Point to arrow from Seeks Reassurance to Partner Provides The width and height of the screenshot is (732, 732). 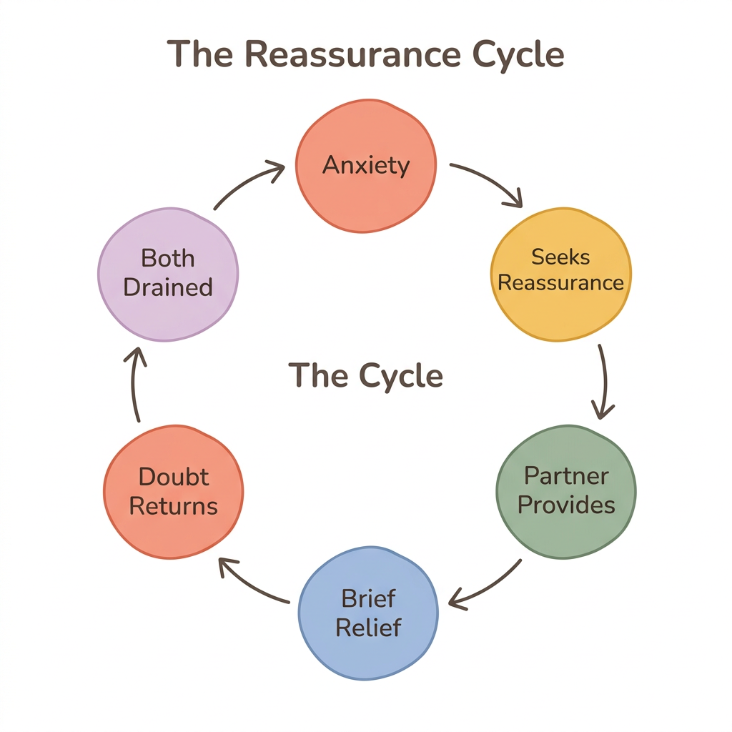point(605,382)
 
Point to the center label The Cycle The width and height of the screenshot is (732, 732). point(366,375)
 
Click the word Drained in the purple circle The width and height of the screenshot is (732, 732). point(168,287)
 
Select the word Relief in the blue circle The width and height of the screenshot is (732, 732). point(369,628)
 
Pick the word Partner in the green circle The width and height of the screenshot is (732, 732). point(566,475)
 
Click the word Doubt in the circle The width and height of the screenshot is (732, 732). point(174,477)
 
